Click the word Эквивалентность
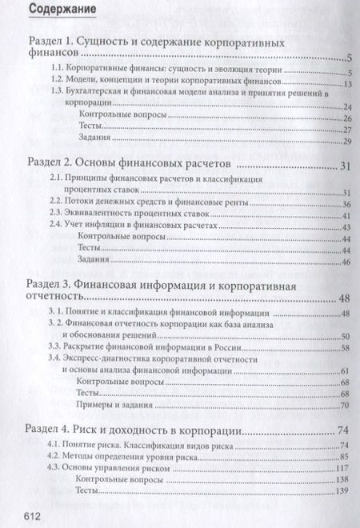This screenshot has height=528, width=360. pyautogui.click(x=105, y=215)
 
